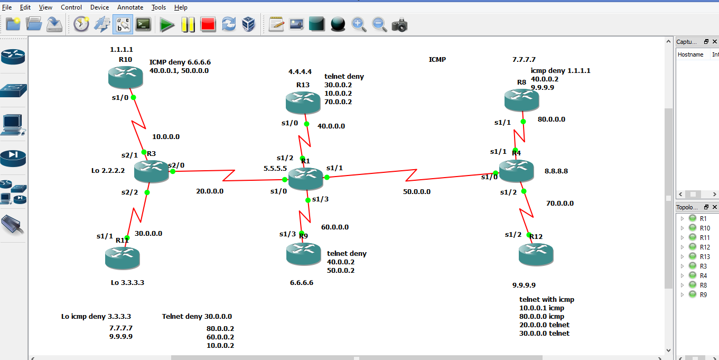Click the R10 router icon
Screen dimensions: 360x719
(125, 77)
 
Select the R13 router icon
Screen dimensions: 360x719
(303, 102)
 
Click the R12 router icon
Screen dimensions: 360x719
(536, 254)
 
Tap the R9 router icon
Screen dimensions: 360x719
(303, 254)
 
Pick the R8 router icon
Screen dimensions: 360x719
(521, 99)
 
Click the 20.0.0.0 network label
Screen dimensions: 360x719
(210, 191)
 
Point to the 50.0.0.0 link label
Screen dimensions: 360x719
(417, 192)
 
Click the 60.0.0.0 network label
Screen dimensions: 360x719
(335, 227)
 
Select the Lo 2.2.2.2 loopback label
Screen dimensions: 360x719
(108, 171)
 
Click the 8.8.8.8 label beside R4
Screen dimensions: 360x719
(556, 171)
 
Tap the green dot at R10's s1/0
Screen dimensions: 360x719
(133, 97)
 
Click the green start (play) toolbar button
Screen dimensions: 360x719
(167, 24)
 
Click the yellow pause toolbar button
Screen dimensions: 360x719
(188, 24)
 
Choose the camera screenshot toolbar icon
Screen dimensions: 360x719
(399, 24)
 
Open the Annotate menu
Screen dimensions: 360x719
(130, 7)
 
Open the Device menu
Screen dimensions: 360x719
(99, 7)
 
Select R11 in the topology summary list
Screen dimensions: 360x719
(705, 237)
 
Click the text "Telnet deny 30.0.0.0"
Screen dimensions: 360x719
(197, 317)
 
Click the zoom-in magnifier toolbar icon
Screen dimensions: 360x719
(359, 24)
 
